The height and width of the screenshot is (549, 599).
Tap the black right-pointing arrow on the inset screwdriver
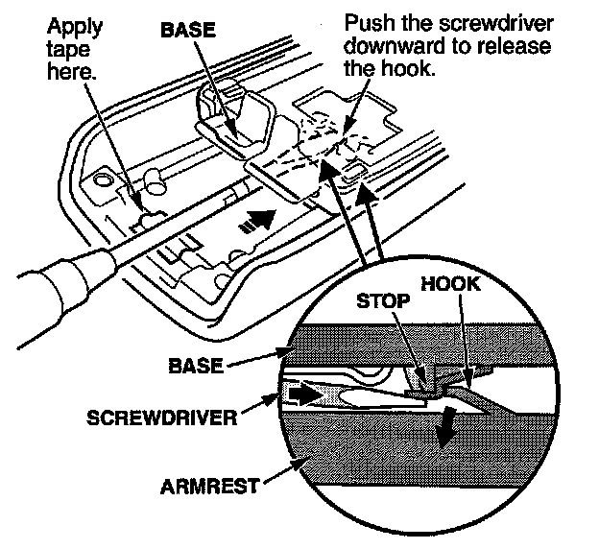click(302, 394)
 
